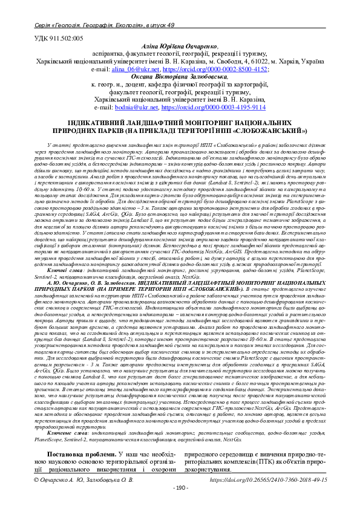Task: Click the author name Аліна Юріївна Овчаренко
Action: coord(179,47)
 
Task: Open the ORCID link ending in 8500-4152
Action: coord(215,70)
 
